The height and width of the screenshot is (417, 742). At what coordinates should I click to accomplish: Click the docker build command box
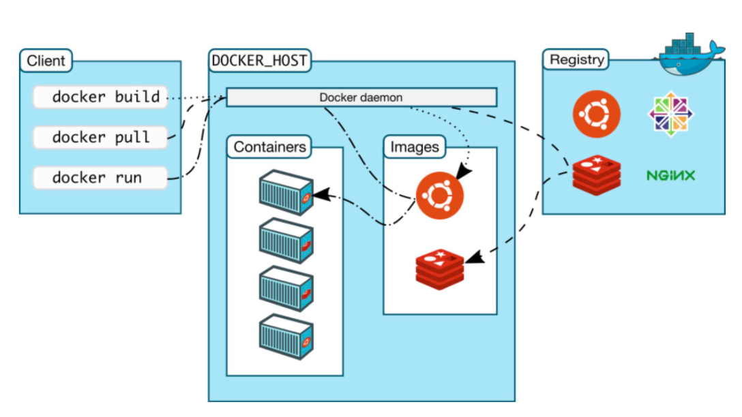point(100,97)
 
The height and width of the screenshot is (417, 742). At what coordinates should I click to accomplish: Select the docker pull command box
point(100,138)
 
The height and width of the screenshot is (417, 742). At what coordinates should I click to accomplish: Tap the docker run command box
point(100,178)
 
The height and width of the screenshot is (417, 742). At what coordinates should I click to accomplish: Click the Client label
point(46,61)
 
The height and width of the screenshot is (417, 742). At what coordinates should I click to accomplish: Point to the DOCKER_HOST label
point(259,61)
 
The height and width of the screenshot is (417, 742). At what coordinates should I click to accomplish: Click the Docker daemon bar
point(361,97)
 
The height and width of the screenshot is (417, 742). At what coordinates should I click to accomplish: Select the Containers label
point(269,147)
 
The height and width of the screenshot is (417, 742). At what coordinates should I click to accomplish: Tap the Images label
point(415,147)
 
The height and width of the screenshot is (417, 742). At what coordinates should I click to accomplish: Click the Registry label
point(576,59)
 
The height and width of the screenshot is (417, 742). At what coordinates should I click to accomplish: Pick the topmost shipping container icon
point(286,192)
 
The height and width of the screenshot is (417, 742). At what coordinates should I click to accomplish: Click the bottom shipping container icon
point(286,337)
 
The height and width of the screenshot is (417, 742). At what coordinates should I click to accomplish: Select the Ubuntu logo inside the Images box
point(440,196)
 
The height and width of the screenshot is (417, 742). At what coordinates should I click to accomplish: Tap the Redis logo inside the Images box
point(440,269)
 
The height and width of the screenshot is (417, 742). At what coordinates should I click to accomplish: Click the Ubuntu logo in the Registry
point(596,114)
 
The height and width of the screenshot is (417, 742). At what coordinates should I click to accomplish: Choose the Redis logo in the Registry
point(596,175)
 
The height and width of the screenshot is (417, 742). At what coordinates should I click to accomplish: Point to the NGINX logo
point(671,175)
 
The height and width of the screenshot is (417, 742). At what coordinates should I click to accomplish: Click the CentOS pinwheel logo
point(670,114)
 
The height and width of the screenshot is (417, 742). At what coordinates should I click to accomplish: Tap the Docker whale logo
point(691,55)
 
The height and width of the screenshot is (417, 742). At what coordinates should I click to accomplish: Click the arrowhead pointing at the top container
point(321,194)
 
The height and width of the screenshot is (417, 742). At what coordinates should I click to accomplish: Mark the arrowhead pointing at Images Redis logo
point(475,257)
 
